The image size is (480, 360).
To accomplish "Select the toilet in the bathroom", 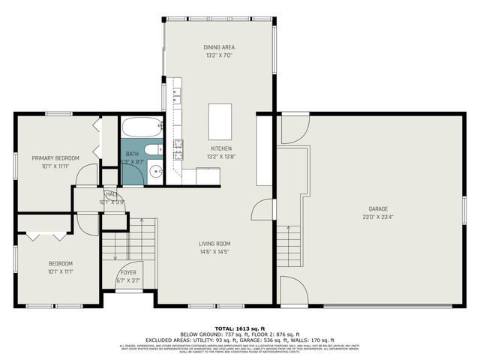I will (153, 149).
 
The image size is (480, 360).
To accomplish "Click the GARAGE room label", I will (377, 208).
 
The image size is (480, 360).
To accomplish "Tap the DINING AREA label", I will (219, 47).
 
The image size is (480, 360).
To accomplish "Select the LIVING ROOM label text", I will (214, 244).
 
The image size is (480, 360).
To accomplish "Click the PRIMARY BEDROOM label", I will (55, 158).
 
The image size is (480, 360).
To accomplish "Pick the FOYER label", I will (128, 272).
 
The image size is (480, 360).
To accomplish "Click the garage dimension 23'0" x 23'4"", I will (377, 217).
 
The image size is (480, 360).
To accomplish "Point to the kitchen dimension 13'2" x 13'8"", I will (221, 157).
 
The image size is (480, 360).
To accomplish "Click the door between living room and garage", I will (262, 210).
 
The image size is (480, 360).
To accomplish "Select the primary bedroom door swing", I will (87, 175).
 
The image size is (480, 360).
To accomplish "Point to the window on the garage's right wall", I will (464, 213).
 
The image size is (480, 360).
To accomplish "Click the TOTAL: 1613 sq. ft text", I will (239, 328).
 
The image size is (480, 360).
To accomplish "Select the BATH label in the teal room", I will (132, 154).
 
